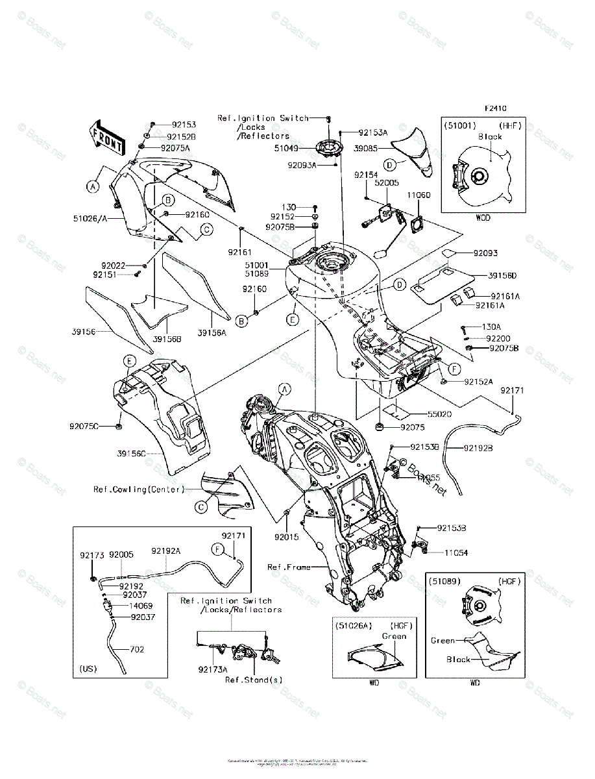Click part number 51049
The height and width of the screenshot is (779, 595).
tap(286, 148)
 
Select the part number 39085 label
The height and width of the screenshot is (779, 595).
tap(367, 148)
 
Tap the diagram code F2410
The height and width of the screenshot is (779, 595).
tap(494, 108)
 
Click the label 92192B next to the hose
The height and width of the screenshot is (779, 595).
tap(478, 448)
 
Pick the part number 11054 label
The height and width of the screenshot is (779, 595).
tap(456, 552)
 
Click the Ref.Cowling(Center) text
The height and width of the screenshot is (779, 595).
tap(138, 489)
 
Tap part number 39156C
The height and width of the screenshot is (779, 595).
tap(133, 452)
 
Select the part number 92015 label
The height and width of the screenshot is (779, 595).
tap(285, 538)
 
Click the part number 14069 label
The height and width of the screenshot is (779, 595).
tap(141, 605)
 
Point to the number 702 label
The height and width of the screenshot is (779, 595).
tap(137, 649)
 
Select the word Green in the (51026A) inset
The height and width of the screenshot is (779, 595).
tap(394, 636)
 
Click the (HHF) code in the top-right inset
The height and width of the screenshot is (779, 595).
tap(511, 125)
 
